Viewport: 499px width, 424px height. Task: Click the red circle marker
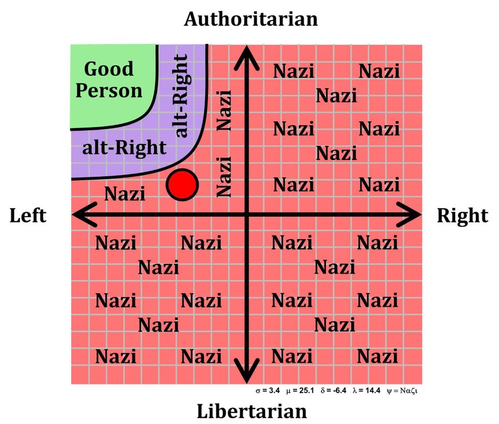click(x=182, y=185)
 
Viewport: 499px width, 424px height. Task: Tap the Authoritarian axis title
click(x=251, y=19)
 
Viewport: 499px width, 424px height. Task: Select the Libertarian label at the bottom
click(x=252, y=411)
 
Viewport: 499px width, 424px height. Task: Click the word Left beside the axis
click(x=28, y=216)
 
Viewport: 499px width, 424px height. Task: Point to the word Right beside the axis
click(x=462, y=216)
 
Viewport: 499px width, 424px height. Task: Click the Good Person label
click(x=109, y=79)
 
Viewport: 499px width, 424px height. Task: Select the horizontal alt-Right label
click(x=124, y=148)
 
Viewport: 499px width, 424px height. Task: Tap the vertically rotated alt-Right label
click(x=182, y=95)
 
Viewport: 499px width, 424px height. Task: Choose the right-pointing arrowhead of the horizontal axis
click(x=409, y=214)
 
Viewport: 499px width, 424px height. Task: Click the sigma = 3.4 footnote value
click(x=268, y=390)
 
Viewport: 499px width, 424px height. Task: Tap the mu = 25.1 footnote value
click(x=300, y=390)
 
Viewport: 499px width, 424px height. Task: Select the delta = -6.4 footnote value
click(x=333, y=390)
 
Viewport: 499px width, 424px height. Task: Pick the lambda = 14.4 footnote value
click(x=366, y=390)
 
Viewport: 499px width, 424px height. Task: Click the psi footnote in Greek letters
click(x=402, y=391)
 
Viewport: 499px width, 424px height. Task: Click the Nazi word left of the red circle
click(x=125, y=193)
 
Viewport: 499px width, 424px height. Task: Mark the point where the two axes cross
click(x=247, y=214)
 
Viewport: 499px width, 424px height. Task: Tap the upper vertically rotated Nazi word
click(x=224, y=110)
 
